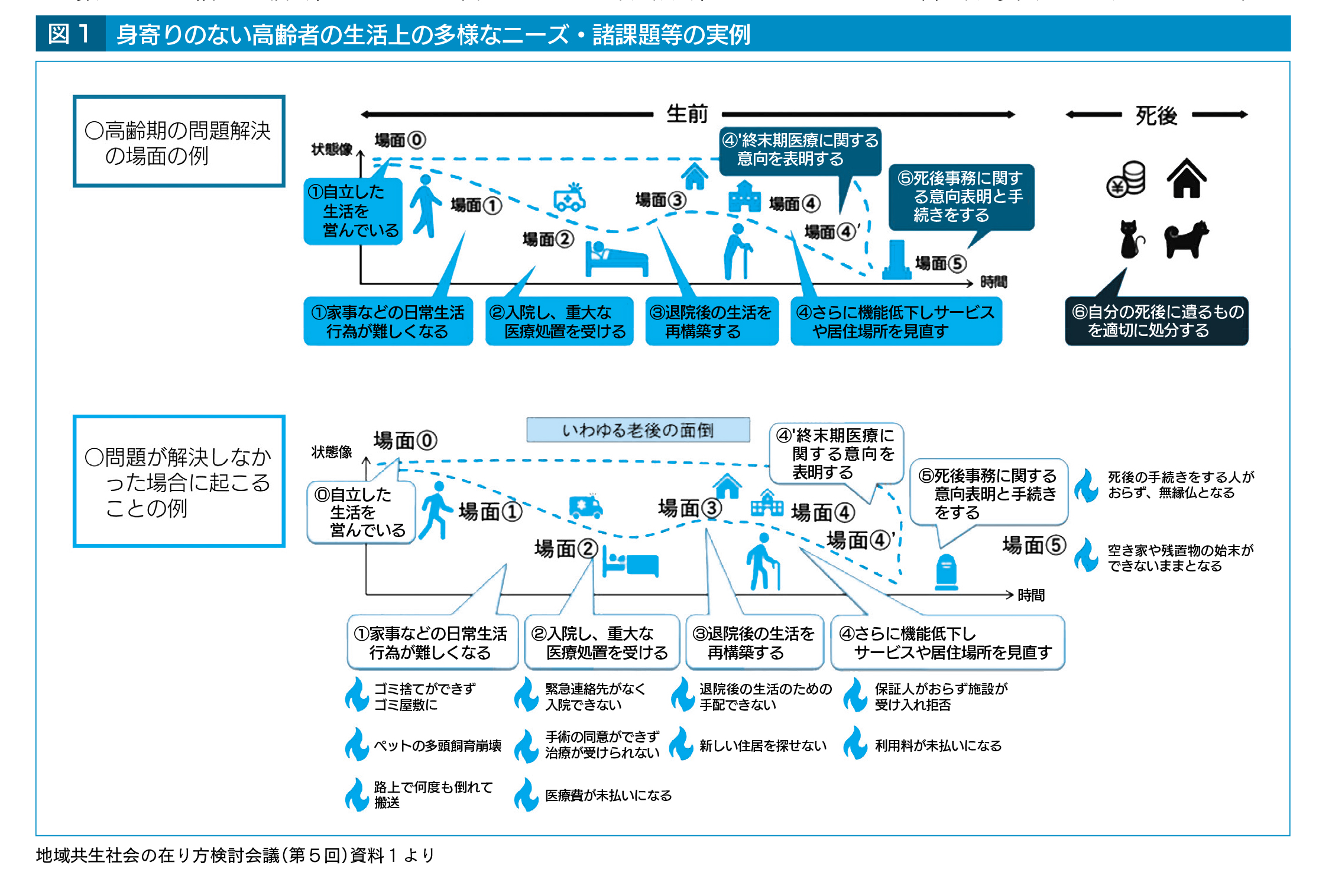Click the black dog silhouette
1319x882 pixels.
pyautogui.click(x=1186, y=240)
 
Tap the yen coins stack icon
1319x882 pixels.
pyautogui.click(x=1126, y=179)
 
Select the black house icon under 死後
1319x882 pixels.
pyautogui.click(x=1186, y=179)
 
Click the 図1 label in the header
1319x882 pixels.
pyautogui.click(x=70, y=34)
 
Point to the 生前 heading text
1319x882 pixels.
pyautogui.click(x=686, y=114)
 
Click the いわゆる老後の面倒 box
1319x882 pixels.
pyautogui.click(x=638, y=430)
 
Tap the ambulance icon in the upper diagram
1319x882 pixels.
pyautogui.click(x=569, y=198)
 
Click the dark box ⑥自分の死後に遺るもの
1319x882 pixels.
pyautogui.click(x=1156, y=321)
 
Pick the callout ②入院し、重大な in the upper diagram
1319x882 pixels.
pyautogui.click(x=559, y=321)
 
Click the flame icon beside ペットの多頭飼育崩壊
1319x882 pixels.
pyautogui.click(x=357, y=744)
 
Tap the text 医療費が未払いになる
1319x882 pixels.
pyautogui.click(x=608, y=796)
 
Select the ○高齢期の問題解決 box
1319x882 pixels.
pyautogui.click(x=179, y=142)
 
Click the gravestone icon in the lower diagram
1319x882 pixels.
pyautogui.click(x=946, y=572)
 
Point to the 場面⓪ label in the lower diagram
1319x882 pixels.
pyautogui.click(x=405, y=441)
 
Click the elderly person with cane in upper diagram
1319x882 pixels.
pyautogui.click(x=738, y=251)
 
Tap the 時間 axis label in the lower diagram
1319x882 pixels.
pyautogui.click(x=1031, y=596)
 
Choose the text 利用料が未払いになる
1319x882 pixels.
pyautogui.click(x=938, y=746)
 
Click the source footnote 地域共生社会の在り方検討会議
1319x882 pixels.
pyautogui.click(x=235, y=855)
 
